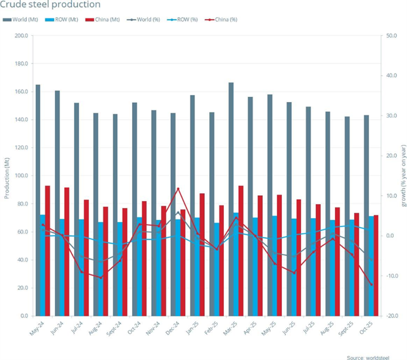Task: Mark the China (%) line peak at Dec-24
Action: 178,189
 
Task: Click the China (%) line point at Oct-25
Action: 372,285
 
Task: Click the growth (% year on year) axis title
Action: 402,176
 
